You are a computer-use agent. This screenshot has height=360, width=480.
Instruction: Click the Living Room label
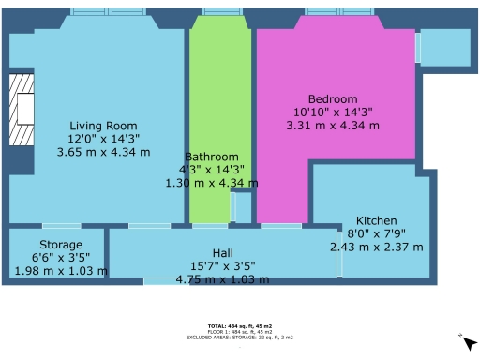pyautogui.click(x=103, y=126)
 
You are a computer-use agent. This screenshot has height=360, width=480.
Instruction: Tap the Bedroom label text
pyautogui.click(x=334, y=98)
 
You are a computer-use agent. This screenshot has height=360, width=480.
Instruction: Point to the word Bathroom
pyautogui.click(x=211, y=157)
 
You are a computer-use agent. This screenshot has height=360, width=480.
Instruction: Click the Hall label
pyautogui.click(x=222, y=253)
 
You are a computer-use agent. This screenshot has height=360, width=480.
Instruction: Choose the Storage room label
pyautogui.click(x=60, y=245)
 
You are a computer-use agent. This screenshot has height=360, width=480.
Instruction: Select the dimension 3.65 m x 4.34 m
pyautogui.click(x=103, y=151)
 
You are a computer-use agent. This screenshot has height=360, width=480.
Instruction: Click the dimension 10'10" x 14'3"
pyautogui.click(x=334, y=112)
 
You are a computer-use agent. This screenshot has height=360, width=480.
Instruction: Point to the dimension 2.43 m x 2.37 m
pyautogui.click(x=376, y=247)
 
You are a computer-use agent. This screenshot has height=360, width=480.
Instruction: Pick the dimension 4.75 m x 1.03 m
pyautogui.click(x=222, y=278)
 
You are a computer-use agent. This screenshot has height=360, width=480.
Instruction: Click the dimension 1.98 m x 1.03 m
pyautogui.click(x=60, y=271)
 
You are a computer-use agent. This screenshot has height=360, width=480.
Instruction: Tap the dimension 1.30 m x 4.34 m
pyautogui.click(x=211, y=183)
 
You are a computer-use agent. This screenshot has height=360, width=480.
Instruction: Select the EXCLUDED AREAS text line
pyautogui.click(x=240, y=336)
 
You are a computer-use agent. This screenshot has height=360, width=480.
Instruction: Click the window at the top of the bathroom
pyautogui.click(x=221, y=12)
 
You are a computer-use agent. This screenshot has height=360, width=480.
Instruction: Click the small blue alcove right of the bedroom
pyautogui.click(x=443, y=46)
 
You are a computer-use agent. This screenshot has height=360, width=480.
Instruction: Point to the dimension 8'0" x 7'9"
pyautogui.click(x=376, y=233)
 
